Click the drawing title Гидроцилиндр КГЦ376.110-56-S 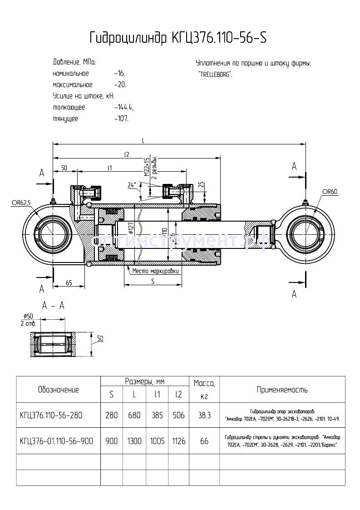click(x=178, y=38)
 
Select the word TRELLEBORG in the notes click(x=215, y=74)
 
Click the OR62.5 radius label click(x=21, y=203)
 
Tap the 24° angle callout click(x=132, y=185)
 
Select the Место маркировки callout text click(x=156, y=271)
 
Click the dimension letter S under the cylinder click(x=153, y=282)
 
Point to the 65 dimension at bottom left click(x=69, y=283)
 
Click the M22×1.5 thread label click(x=147, y=167)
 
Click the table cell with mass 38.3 click(x=204, y=415)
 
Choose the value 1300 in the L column click(x=134, y=441)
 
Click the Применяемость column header click(x=282, y=390)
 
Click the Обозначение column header click(x=58, y=390)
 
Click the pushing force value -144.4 click(x=124, y=108)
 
